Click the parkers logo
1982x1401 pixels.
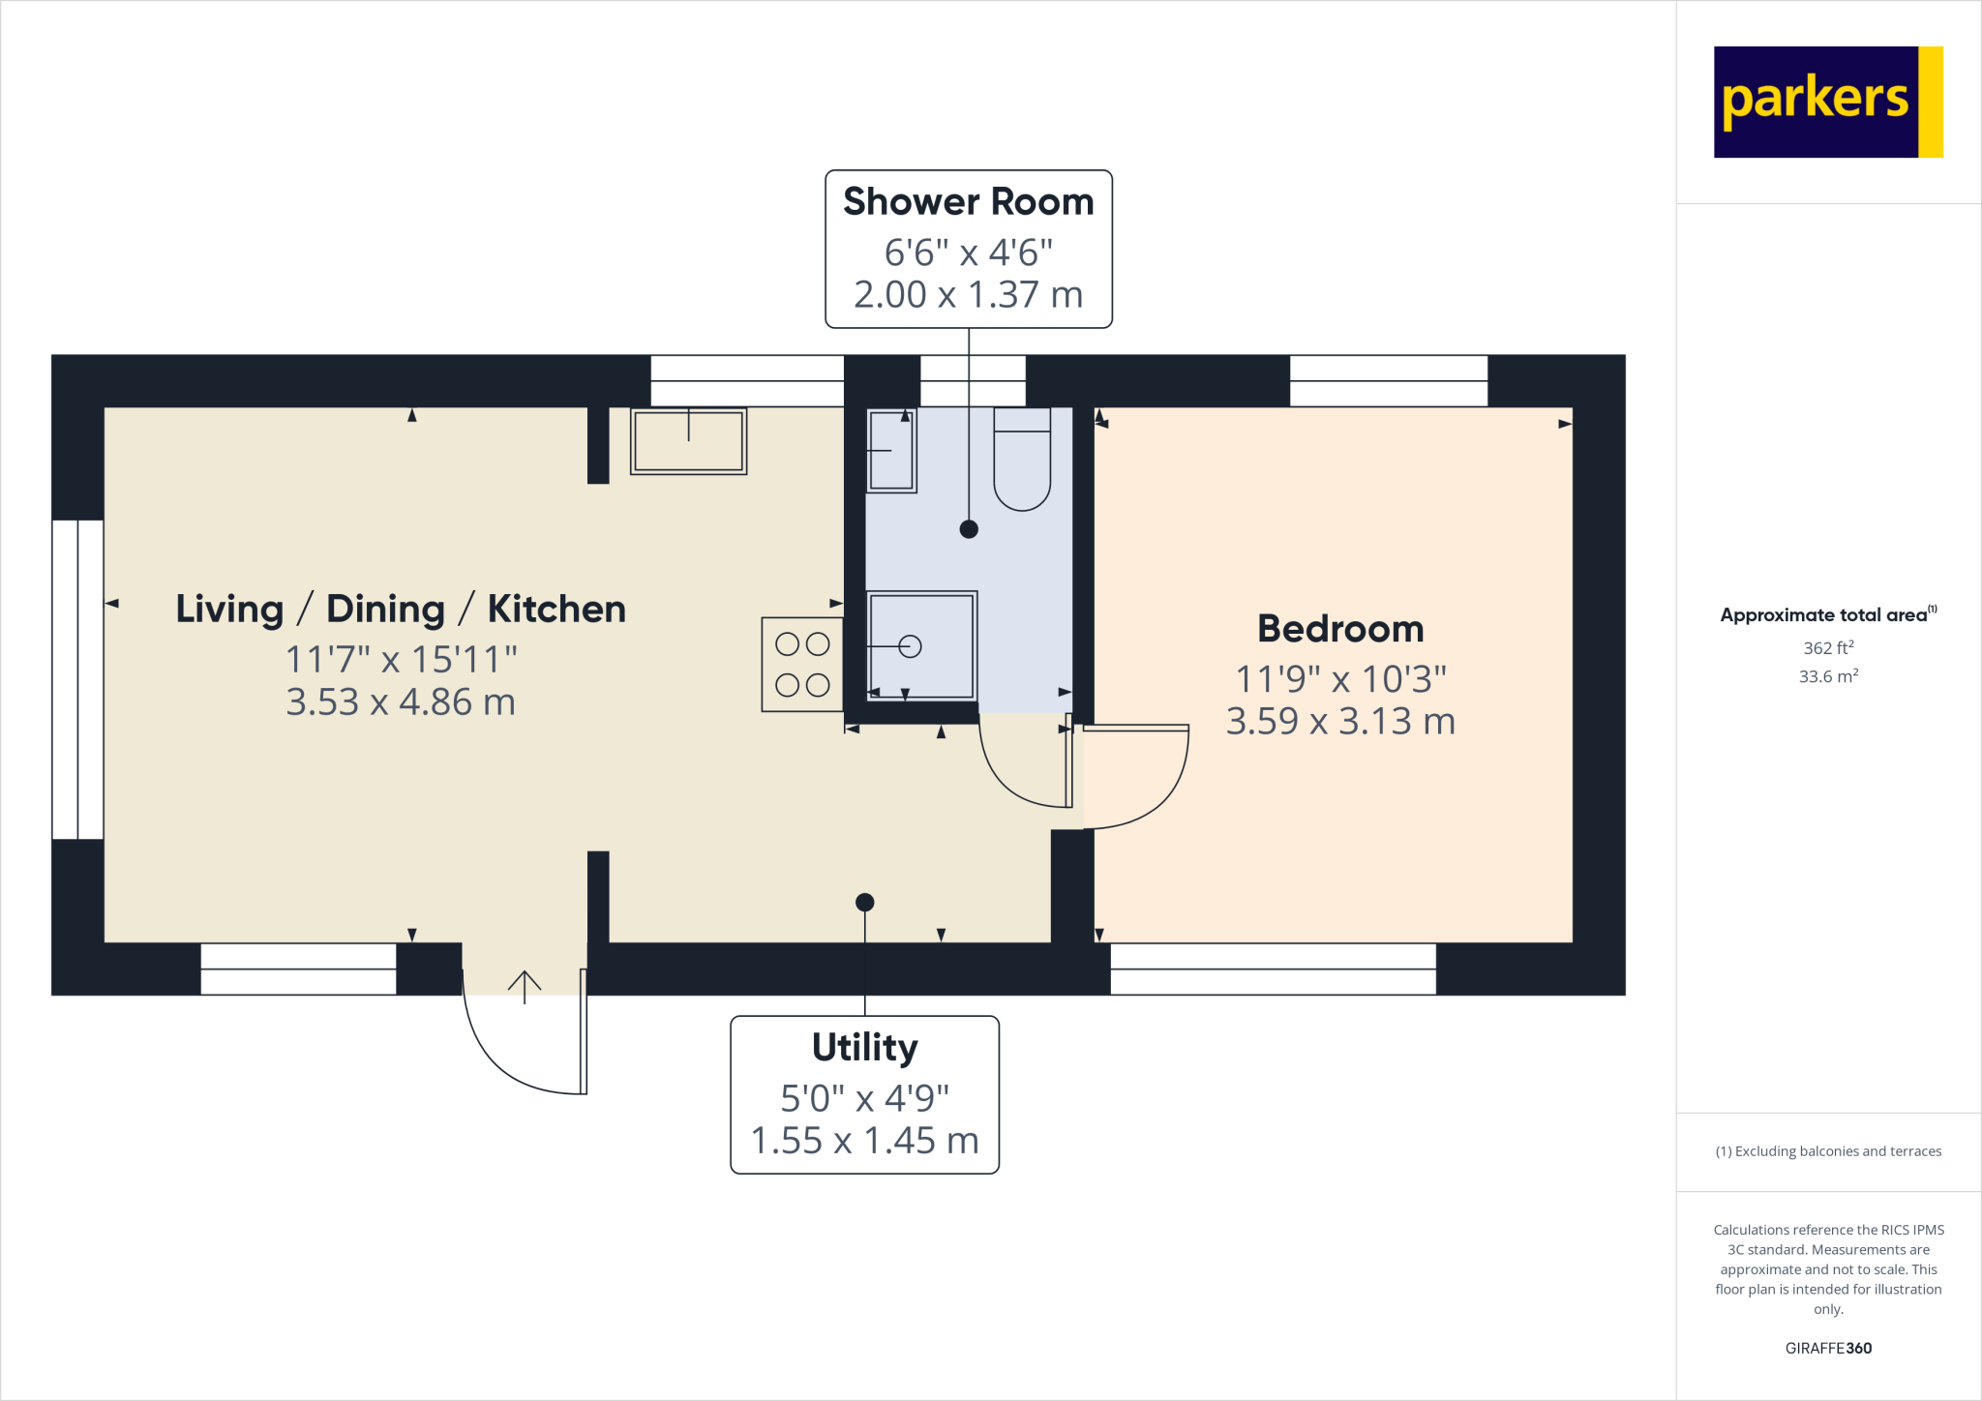(1827, 102)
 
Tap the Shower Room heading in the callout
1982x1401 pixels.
(968, 201)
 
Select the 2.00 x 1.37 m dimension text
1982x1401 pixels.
(968, 294)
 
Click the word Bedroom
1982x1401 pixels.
(1340, 629)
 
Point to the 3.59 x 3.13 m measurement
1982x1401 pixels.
(1340, 721)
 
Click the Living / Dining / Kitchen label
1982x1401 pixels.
(401, 609)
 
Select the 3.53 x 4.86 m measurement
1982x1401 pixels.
(401, 701)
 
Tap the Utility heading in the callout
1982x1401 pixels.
(864, 1047)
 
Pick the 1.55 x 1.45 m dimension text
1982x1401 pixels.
(864, 1140)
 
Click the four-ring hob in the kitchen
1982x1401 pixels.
(802, 665)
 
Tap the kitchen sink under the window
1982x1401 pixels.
(688, 441)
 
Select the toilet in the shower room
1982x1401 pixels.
(1022, 460)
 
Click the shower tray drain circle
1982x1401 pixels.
(910, 646)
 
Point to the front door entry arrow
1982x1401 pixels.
(525, 986)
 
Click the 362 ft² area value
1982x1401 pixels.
(1827, 648)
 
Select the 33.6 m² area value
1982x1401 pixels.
(1827, 676)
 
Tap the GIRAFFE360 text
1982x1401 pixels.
(1827, 1348)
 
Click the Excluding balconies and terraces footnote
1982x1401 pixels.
(1827, 1151)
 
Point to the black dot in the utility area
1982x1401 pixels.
(865, 902)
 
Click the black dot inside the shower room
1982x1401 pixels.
(969, 529)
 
